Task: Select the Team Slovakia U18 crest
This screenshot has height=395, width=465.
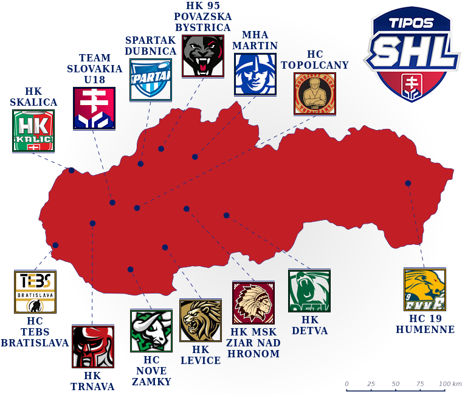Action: pos(94,108)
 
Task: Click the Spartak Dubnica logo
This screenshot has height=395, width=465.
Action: pos(151,80)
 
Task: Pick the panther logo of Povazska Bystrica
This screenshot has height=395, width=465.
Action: pos(203,56)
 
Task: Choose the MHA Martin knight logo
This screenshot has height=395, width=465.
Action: pos(255,74)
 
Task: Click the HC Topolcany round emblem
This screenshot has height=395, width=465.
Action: pos(315,94)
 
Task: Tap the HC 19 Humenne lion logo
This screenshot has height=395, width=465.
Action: pos(425,290)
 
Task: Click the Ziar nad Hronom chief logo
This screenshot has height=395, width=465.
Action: pos(253,303)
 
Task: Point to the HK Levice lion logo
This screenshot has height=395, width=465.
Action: pos(201,320)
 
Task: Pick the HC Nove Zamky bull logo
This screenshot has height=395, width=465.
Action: pos(151,331)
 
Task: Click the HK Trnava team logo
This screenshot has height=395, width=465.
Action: pos(93,347)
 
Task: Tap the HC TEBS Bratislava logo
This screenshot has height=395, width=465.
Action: pos(35,292)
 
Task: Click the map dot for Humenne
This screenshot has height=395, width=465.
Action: pos(408,183)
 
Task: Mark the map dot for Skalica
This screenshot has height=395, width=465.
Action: pos(72,170)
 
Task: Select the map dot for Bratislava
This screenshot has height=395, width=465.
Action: pos(55,246)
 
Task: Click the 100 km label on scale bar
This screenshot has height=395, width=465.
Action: pos(450,384)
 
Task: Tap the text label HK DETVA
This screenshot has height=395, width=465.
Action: pos(310,325)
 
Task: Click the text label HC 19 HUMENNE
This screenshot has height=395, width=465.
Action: pos(425,324)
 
